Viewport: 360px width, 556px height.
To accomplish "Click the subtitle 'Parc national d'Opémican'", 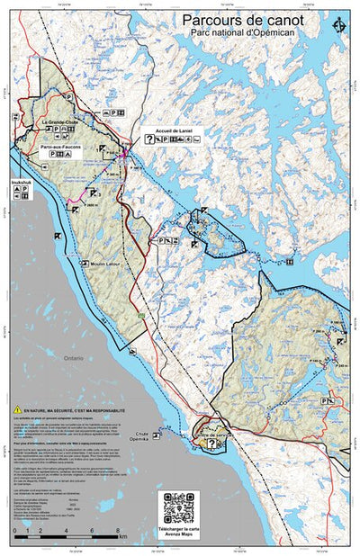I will (242, 32).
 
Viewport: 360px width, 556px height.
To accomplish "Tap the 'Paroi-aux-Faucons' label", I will (60, 146).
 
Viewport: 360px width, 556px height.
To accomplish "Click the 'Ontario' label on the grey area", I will (74, 357).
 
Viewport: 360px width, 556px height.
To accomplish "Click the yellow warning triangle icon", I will (17, 408).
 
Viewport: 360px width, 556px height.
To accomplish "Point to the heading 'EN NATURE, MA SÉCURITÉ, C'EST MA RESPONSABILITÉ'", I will (79, 409).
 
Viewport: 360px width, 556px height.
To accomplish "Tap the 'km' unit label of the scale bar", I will (122, 536).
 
